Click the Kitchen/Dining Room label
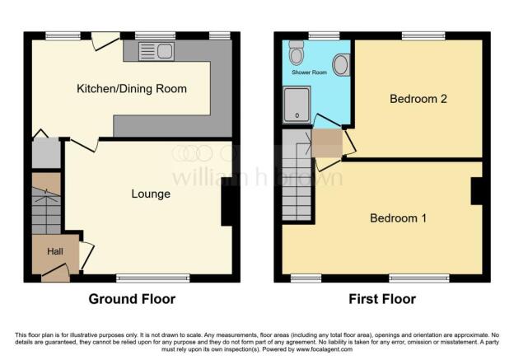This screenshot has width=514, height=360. [132, 89]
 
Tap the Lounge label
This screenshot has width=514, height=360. [151, 194]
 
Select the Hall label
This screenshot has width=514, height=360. [55, 251]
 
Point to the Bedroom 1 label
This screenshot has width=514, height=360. [398, 218]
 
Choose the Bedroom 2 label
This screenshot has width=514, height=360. [418, 99]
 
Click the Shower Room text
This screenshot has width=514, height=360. [309, 72]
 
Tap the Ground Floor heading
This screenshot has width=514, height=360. [132, 299]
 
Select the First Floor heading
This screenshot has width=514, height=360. [382, 299]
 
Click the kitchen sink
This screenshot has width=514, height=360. [157, 51]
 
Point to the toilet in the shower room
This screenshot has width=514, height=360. [297, 53]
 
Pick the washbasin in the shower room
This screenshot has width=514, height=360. [341, 64]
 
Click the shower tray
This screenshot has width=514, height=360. [297, 105]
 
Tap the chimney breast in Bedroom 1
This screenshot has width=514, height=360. [477, 191]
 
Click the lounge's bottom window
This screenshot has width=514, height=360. [153, 278]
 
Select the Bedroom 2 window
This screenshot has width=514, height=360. [423, 35]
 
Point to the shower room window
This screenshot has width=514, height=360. [324, 35]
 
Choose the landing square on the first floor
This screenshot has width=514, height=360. [327, 143]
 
